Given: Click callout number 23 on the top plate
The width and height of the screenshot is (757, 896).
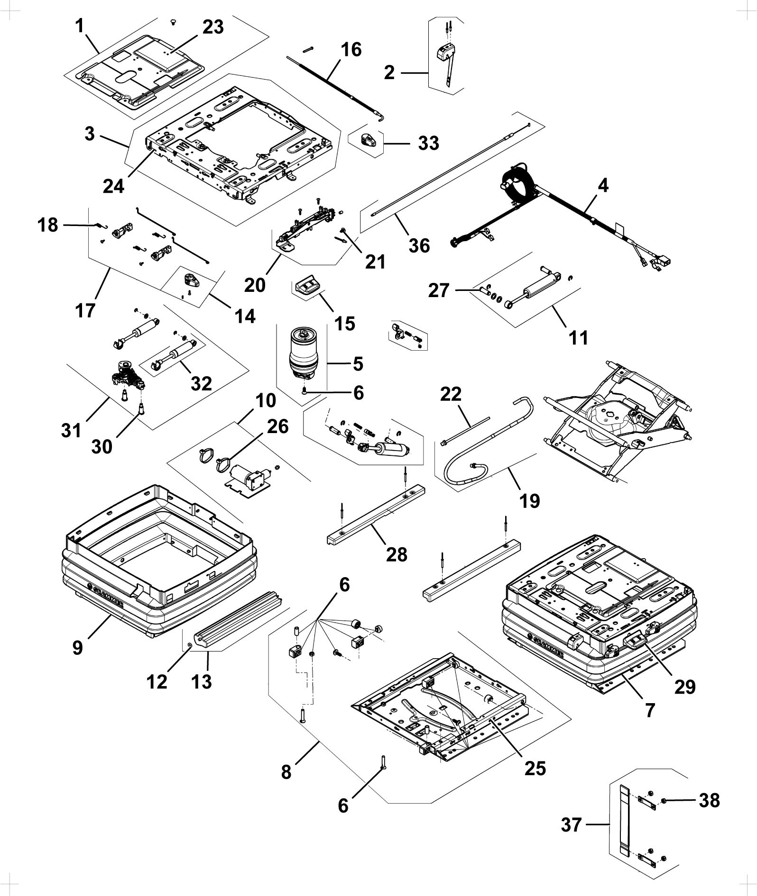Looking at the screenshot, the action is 213,27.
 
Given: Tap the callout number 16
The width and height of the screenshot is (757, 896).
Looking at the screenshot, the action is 351,49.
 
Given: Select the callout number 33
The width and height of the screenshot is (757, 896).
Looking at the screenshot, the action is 428,143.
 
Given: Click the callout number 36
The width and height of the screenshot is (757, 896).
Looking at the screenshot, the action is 419,245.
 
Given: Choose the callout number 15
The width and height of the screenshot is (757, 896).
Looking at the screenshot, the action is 345,324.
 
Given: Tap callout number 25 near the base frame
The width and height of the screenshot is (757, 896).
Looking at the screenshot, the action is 535,768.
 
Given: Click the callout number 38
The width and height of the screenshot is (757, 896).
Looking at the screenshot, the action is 709,800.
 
